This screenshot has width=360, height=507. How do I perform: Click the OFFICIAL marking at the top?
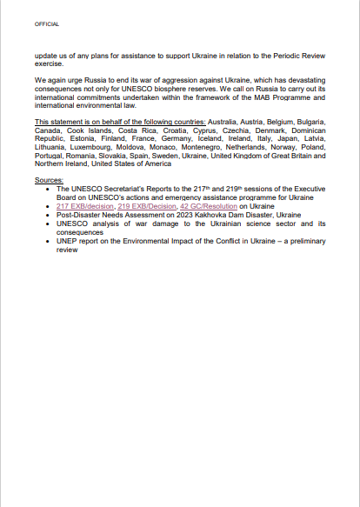pos(47,24)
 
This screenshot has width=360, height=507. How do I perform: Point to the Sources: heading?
pos(49,179)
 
